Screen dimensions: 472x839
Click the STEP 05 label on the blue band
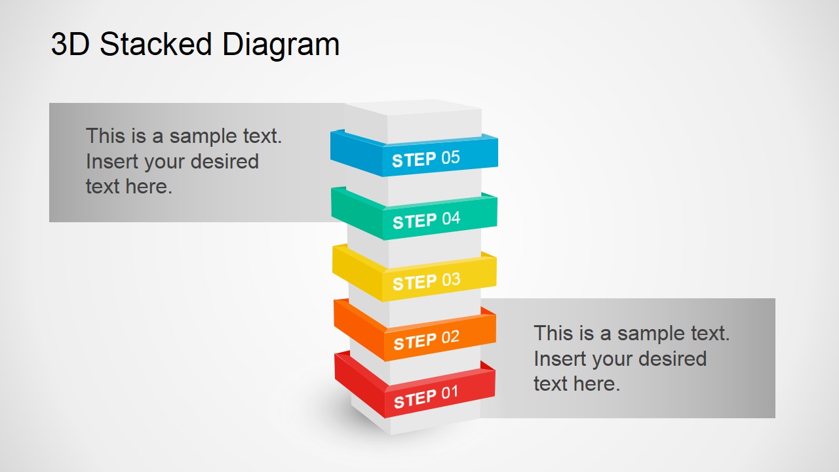click(x=426, y=159)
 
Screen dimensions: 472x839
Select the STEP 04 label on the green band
click(x=426, y=220)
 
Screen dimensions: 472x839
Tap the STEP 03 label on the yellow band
click(x=426, y=281)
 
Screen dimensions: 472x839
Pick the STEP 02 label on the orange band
click(x=426, y=340)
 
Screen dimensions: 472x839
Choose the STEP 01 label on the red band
click(x=425, y=397)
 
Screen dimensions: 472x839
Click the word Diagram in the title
click(x=281, y=45)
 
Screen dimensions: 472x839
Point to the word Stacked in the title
click(x=156, y=45)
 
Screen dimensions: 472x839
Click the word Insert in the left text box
click(x=112, y=161)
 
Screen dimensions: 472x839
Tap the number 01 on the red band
click(x=450, y=393)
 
